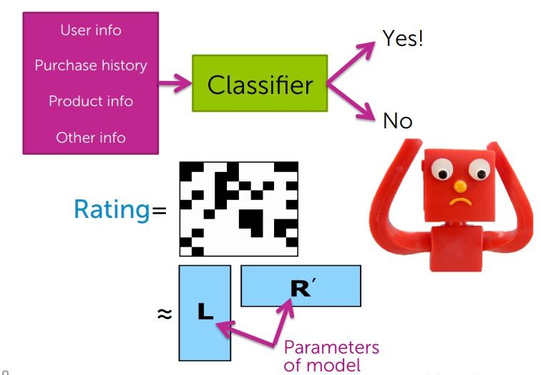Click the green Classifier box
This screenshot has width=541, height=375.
[259, 85]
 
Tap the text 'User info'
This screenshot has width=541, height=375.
[91, 30]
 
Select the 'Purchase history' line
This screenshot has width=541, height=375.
[91, 65]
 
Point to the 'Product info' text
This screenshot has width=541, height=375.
[91, 101]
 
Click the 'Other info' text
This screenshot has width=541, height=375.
[91, 136]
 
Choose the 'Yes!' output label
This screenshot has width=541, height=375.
[403, 38]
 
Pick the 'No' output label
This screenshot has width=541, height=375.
[398, 121]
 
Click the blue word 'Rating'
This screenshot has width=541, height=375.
[112, 210]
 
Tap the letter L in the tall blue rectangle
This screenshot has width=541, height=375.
[205, 313]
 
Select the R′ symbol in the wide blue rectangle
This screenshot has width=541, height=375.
[301, 288]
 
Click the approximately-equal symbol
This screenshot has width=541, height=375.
[164, 314]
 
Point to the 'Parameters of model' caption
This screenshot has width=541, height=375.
[331, 356]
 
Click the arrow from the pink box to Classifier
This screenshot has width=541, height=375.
[175, 85]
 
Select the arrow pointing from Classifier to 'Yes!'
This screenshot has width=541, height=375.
[352, 61]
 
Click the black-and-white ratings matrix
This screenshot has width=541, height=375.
[238, 209]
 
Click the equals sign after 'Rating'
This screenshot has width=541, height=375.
[159, 212]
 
